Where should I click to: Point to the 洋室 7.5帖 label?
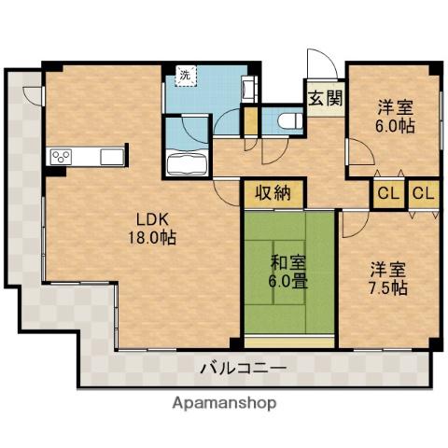pyautogui.click(x=387, y=279)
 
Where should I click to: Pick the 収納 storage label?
pyautogui.click(x=273, y=193)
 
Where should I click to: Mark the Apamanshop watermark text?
pyautogui.click(x=223, y=404)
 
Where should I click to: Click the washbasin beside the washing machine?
pyautogui.click(x=247, y=89)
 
